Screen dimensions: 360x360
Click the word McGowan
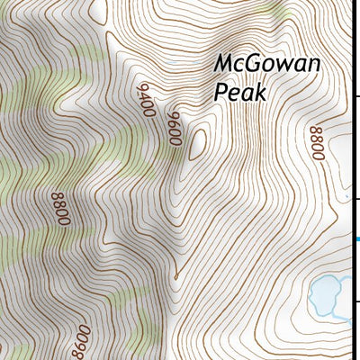[267, 65]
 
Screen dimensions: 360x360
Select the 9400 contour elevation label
[144, 100]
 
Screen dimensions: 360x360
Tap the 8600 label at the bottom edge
[79, 342]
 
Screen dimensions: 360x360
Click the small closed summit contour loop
[195, 143]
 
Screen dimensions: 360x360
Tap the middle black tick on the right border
[357, 199]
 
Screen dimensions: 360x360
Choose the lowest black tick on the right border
[357, 301]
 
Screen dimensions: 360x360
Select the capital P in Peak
[220, 92]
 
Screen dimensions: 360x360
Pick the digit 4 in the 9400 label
[143, 96]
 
